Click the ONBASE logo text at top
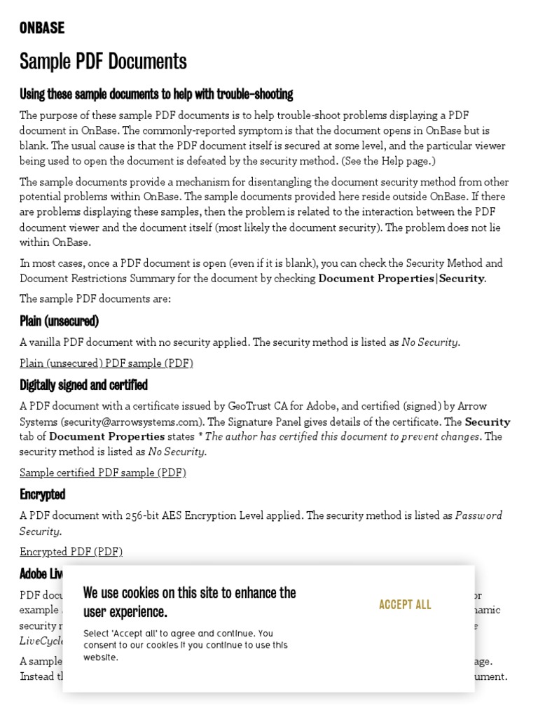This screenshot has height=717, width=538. pos(42,28)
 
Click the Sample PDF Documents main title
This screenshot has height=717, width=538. pos(103,62)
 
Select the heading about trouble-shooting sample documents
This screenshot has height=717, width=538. pos(156,94)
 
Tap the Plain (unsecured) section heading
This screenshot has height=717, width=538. pos(59,321)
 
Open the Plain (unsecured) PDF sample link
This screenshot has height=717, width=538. pos(106,363)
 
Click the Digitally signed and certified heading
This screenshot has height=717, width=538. pos(83,385)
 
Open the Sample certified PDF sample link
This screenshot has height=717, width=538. pos(103,473)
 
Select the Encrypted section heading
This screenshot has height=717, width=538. pos(42,494)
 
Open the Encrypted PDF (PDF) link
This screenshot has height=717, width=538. pos(71,552)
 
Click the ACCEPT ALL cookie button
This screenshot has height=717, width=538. pos(405,604)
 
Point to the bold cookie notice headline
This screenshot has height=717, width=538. pos(189,602)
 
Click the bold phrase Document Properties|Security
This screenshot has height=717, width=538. pos(401,278)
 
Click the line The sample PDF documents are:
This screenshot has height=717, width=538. pos(95,299)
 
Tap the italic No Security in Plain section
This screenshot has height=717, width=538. pos(430,342)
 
